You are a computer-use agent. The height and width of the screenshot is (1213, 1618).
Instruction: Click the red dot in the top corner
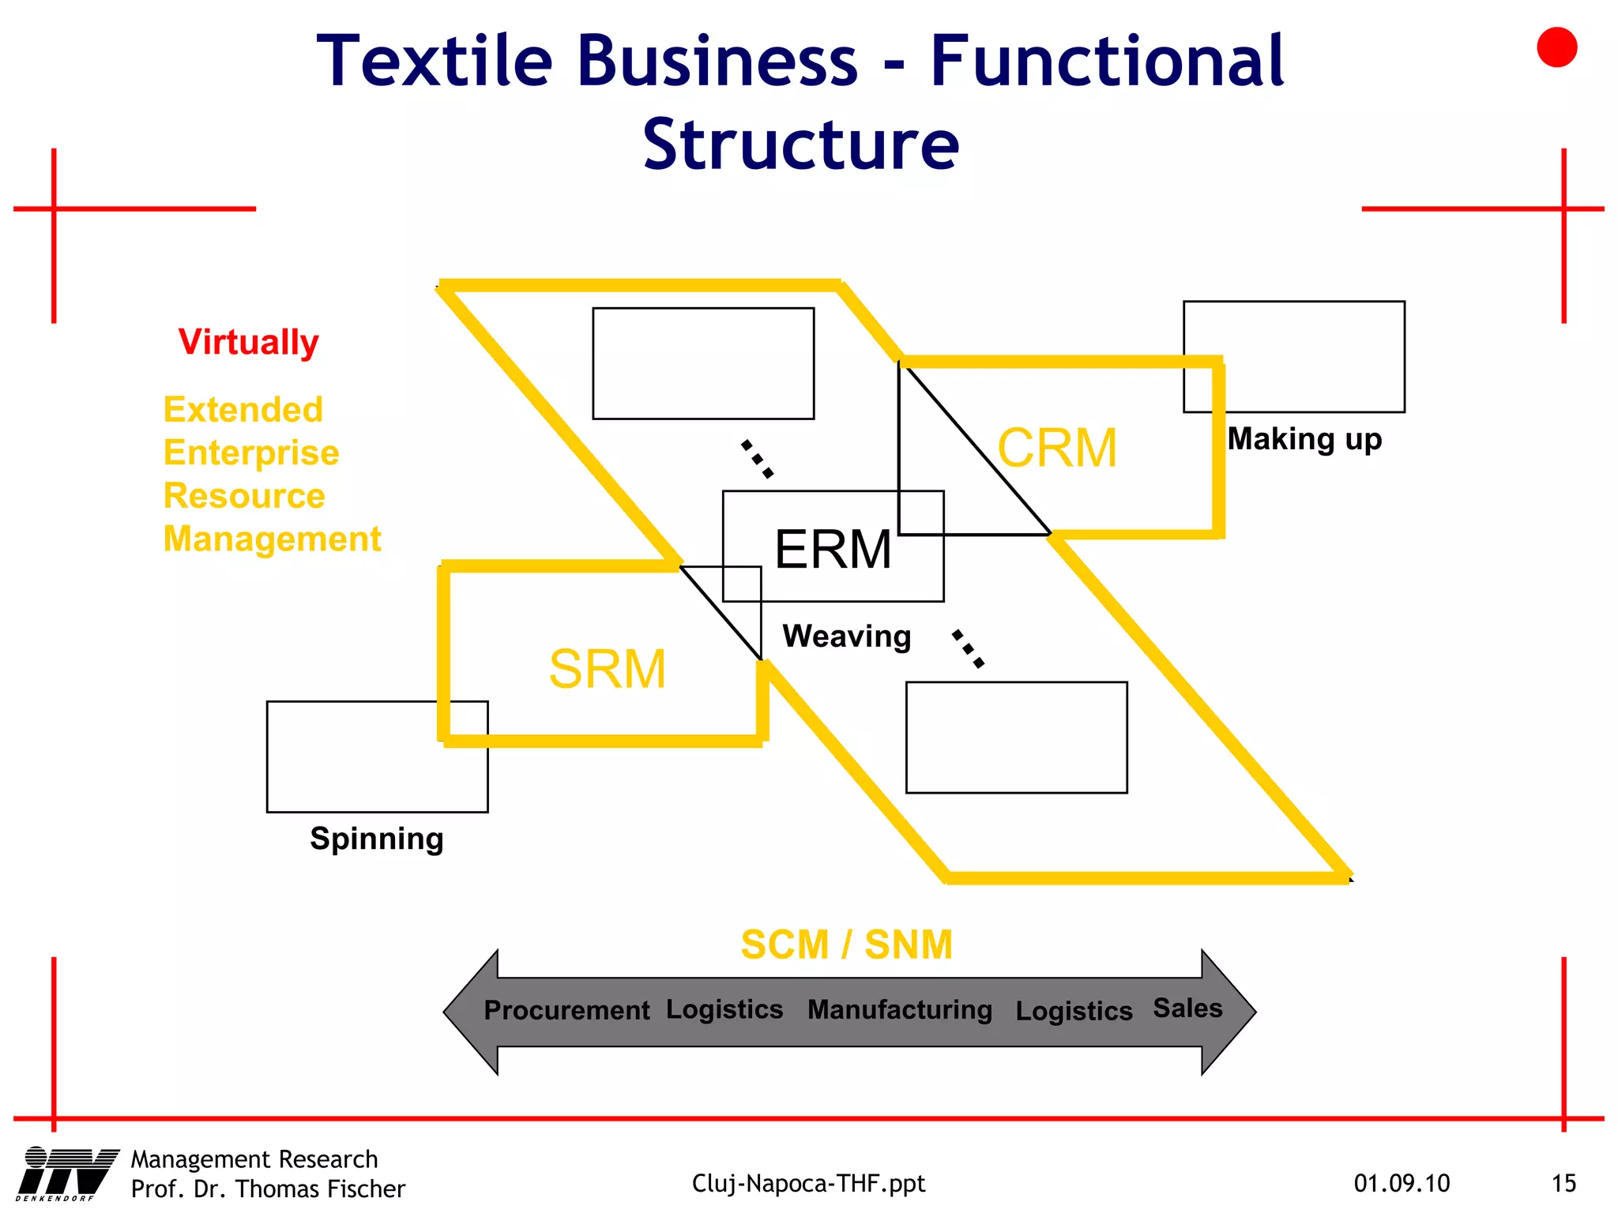point(1556,47)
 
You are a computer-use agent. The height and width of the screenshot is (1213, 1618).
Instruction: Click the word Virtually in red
point(248,343)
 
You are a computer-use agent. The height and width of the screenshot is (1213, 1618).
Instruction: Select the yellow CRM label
point(1057,449)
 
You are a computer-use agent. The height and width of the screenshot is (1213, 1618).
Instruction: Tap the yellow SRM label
point(608,670)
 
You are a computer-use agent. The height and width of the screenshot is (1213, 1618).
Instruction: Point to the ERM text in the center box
point(833,550)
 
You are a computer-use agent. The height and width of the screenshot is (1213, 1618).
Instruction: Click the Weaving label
point(846,637)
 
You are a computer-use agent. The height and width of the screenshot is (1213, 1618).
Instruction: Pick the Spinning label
point(376,839)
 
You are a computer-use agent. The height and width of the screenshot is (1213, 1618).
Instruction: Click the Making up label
point(1304,439)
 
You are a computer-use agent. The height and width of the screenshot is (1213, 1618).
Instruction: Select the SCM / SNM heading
point(846,944)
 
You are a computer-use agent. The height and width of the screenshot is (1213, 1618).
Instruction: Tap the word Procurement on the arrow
point(566,1011)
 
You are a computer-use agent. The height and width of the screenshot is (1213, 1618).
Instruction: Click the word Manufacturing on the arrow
point(899,1010)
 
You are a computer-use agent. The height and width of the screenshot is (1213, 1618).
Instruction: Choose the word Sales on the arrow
point(1187,1008)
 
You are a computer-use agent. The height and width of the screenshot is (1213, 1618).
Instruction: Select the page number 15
point(1563,1184)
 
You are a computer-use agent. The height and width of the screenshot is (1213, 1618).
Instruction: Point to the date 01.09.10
point(1402,1184)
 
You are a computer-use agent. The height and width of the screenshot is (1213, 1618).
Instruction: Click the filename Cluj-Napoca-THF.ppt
point(808,1184)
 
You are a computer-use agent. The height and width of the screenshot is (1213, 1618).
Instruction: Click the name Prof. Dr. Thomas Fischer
point(268,1189)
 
